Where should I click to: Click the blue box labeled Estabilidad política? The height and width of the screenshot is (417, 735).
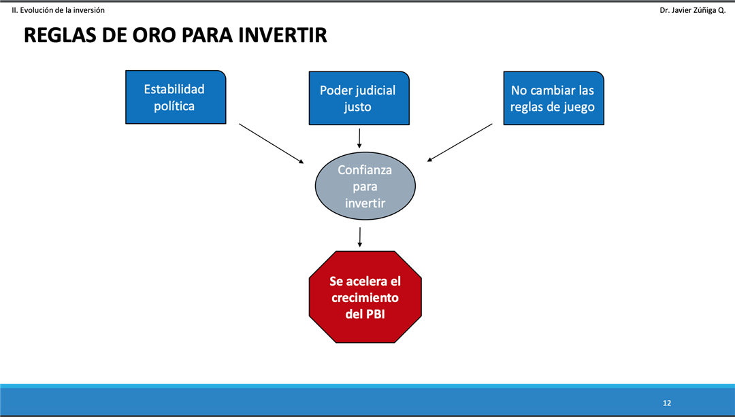(176, 97)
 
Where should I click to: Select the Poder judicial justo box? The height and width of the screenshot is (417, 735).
(359, 98)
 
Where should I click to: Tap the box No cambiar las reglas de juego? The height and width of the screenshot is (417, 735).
(553, 98)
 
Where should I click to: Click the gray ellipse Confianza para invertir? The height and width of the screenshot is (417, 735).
(365, 186)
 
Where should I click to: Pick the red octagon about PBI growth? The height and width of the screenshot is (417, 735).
(365, 297)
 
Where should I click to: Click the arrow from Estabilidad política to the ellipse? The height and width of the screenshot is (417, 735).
(272, 144)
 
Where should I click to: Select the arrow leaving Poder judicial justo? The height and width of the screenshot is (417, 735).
(359, 138)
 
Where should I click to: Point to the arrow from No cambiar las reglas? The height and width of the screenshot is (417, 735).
(460, 142)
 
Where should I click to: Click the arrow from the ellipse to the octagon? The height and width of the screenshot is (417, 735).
(360, 237)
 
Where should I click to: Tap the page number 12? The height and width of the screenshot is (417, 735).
(666, 403)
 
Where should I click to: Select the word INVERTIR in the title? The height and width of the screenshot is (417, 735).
(282, 35)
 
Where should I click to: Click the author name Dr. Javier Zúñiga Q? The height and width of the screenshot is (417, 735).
(692, 10)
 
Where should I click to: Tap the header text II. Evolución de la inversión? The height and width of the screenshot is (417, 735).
(58, 10)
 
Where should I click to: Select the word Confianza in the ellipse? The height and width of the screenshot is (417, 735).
(365, 169)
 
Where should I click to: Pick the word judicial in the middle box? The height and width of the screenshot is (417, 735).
(376, 91)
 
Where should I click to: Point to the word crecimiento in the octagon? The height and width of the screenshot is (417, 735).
(365, 297)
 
